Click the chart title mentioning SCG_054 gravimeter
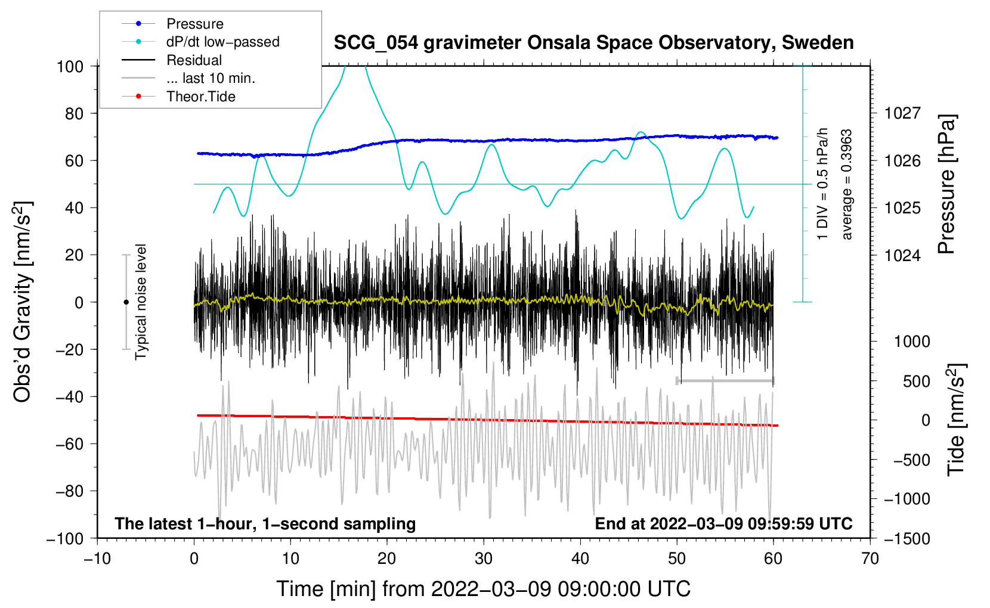click(593, 43)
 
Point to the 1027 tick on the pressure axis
click(902, 113)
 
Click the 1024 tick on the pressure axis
click(902, 255)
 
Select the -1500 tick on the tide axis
click(907, 538)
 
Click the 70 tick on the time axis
click(870, 559)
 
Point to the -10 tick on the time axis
click(97, 559)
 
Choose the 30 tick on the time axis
click(484, 559)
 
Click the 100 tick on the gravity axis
click(70, 66)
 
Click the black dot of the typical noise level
click(126, 302)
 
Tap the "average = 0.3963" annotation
click(846, 185)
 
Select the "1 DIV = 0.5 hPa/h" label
click(823, 184)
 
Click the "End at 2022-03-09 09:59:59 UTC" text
click(723, 523)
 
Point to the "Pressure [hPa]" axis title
click(946, 184)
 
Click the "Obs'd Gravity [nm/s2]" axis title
click(22, 302)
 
